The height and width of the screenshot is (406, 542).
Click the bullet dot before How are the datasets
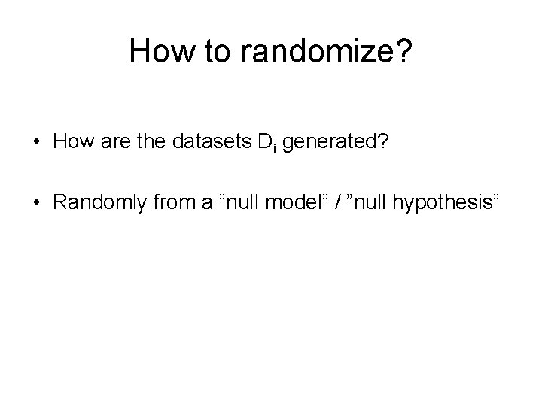[x=35, y=144]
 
